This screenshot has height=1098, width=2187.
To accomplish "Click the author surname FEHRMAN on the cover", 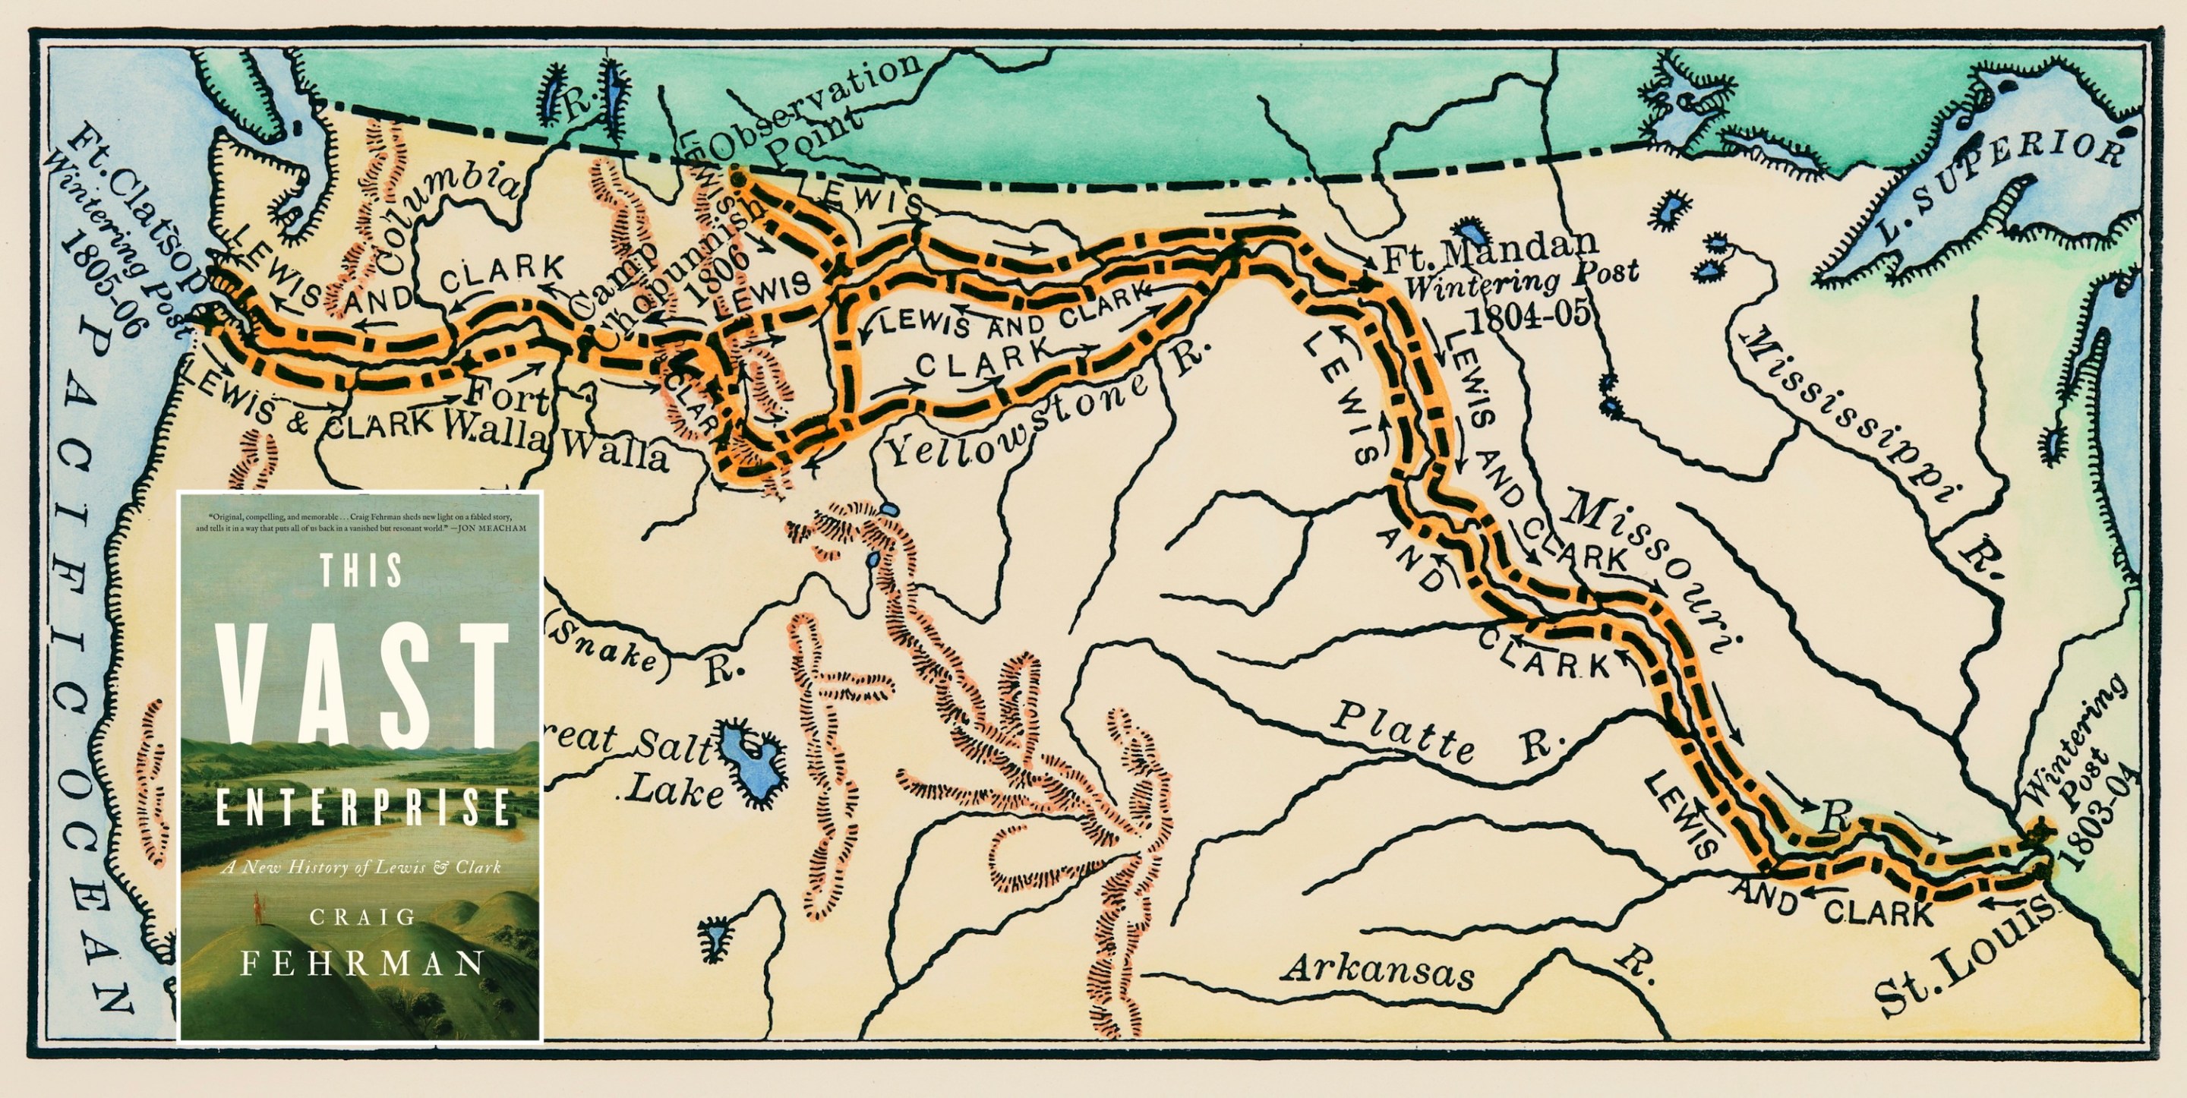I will [361, 964].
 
